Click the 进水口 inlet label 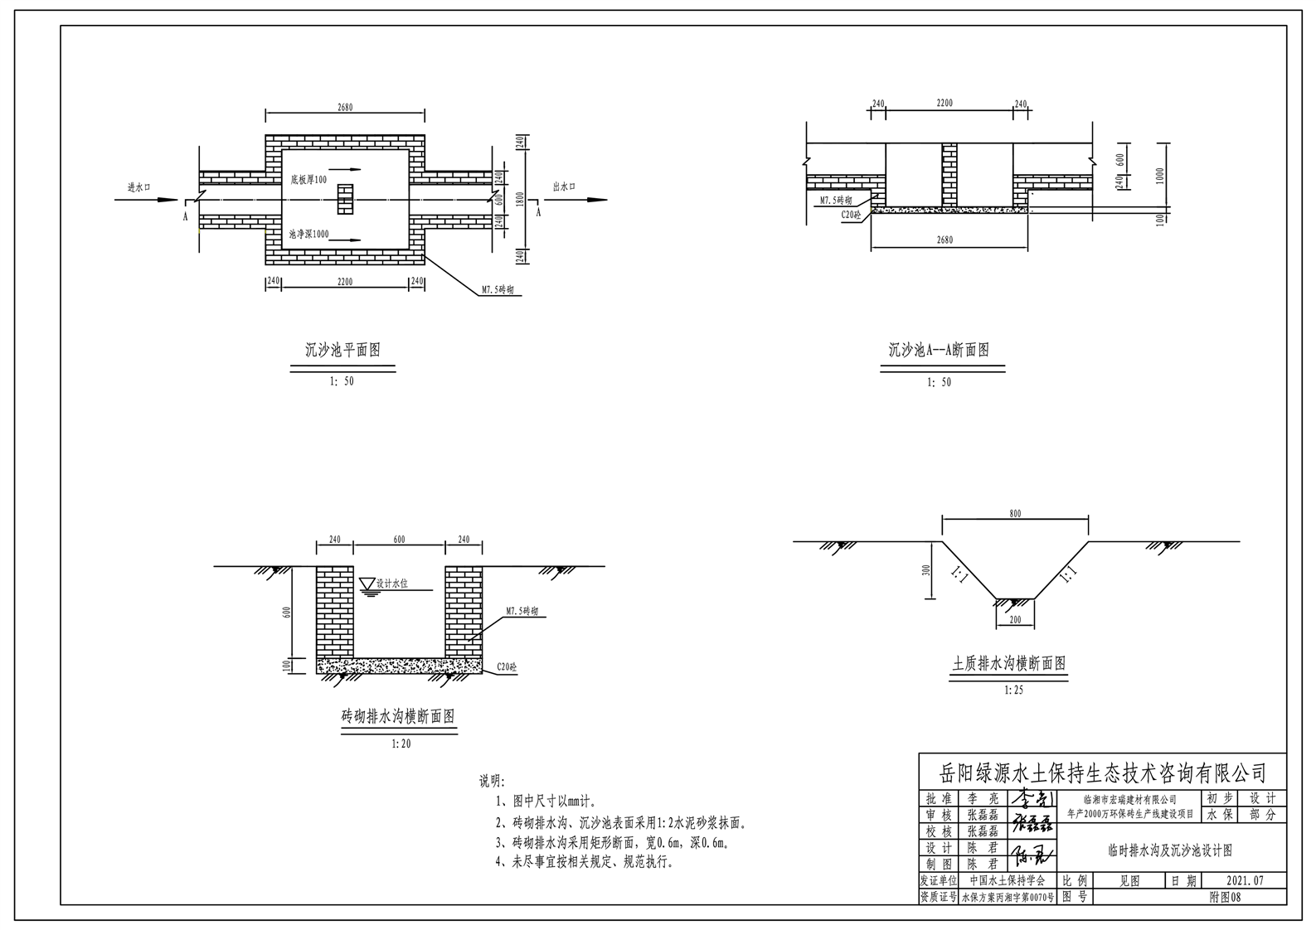(x=138, y=188)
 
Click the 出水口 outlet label (x=564, y=187)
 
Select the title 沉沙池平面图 (x=342, y=351)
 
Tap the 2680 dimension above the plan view (x=345, y=108)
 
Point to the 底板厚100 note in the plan (x=308, y=180)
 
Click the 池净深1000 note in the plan (x=308, y=235)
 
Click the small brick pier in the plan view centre (x=345, y=199)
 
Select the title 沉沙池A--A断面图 (x=939, y=351)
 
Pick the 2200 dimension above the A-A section (x=945, y=104)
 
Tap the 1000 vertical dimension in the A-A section (x=1160, y=176)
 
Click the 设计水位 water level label (x=391, y=584)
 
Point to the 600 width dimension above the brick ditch (x=399, y=540)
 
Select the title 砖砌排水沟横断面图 (x=398, y=717)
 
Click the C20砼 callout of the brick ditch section (x=506, y=666)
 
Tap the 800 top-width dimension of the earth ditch (x=1015, y=514)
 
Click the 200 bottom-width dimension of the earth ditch (x=1015, y=619)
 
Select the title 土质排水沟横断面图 (x=1009, y=664)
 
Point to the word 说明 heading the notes (x=491, y=782)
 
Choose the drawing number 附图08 (x=1225, y=897)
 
